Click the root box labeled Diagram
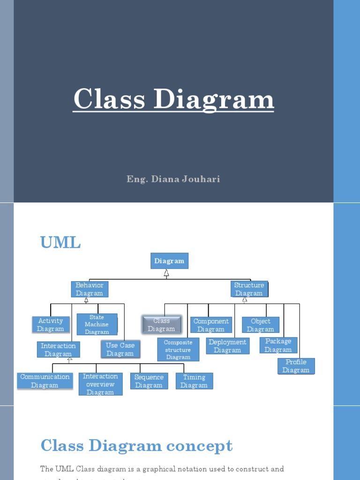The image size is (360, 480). coord(169,261)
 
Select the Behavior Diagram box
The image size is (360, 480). coord(90,289)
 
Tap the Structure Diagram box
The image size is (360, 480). coord(249,289)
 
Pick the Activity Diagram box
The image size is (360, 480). coord(51,324)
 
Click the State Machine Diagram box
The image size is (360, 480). coord(97,324)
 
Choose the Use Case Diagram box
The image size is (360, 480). coord(120,349)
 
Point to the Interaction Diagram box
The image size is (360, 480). coord(58,350)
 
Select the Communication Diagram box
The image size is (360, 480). coord(45,381)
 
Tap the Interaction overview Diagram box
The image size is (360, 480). coord(100,384)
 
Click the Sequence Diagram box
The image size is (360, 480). coord(149,381)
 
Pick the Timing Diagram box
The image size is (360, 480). coord(194,381)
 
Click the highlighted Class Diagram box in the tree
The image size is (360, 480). coord(162,324)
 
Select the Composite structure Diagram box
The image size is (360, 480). coord(178,350)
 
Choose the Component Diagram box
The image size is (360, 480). coord(211,325)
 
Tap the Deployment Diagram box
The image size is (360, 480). coord(227,346)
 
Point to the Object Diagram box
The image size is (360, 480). coord(261,325)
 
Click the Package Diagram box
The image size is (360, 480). coord(278,345)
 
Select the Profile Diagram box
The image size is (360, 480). coord(296,366)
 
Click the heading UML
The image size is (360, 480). coord(60,243)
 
